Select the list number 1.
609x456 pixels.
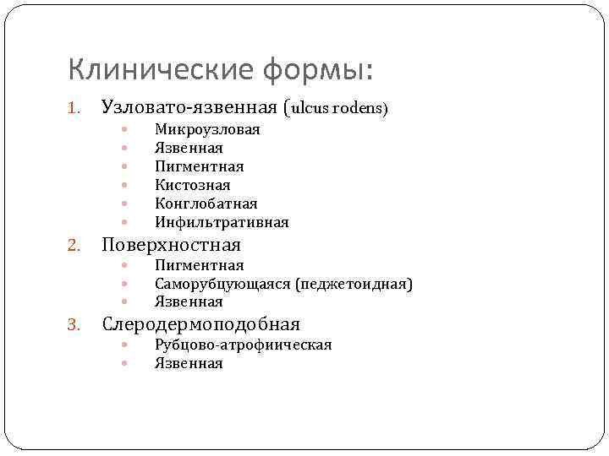pyautogui.click(x=74, y=108)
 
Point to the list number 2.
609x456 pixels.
pyautogui.click(x=74, y=246)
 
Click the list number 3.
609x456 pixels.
pyautogui.click(x=74, y=325)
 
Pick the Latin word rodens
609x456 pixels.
pyautogui.click(x=361, y=108)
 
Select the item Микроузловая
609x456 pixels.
pyautogui.click(x=207, y=129)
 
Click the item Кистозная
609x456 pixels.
pyautogui.click(x=193, y=185)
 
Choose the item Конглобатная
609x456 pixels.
pyautogui.click(x=206, y=204)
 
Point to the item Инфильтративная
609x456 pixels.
pyautogui.click(x=222, y=222)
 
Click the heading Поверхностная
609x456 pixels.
pyautogui.click(x=171, y=245)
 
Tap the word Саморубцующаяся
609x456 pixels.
pyautogui.click(x=222, y=284)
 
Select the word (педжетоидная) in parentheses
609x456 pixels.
pyautogui.click(x=354, y=284)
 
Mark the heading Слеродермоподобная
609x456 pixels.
pyautogui.click(x=200, y=324)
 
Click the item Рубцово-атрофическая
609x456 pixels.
pyautogui.click(x=243, y=345)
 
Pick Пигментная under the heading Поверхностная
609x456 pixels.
pyautogui.click(x=199, y=266)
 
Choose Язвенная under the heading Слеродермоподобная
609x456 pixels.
pyautogui.click(x=189, y=363)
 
